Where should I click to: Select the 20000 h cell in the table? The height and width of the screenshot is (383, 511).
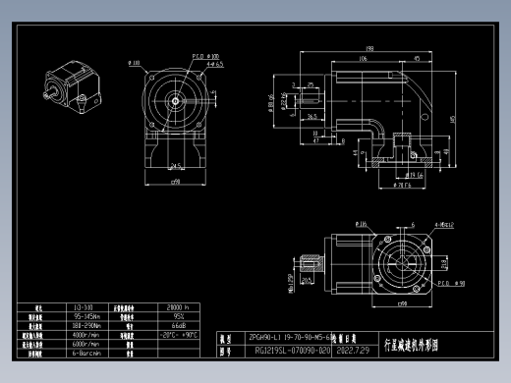tap(177, 307)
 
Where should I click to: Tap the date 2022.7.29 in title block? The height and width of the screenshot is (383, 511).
tap(353, 350)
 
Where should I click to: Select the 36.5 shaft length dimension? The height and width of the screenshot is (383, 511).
tap(312, 116)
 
